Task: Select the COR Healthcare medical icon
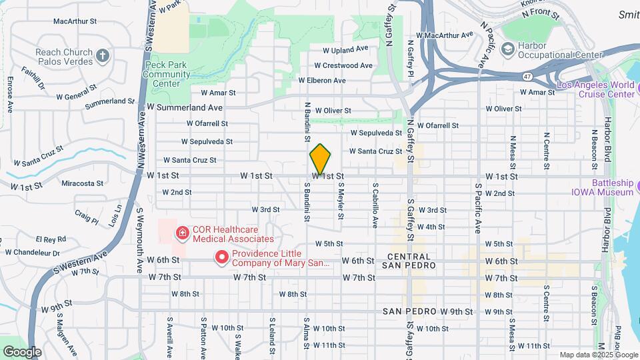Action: coord(181,233)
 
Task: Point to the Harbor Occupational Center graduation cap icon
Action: coord(508,49)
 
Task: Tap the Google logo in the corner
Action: coord(22,351)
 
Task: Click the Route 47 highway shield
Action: coord(527,77)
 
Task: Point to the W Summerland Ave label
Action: coord(185,107)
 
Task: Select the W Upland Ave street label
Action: coord(345,49)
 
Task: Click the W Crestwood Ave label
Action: coord(343,65)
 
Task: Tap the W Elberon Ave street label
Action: coord(321,81)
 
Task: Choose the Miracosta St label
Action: coord(83,183)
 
